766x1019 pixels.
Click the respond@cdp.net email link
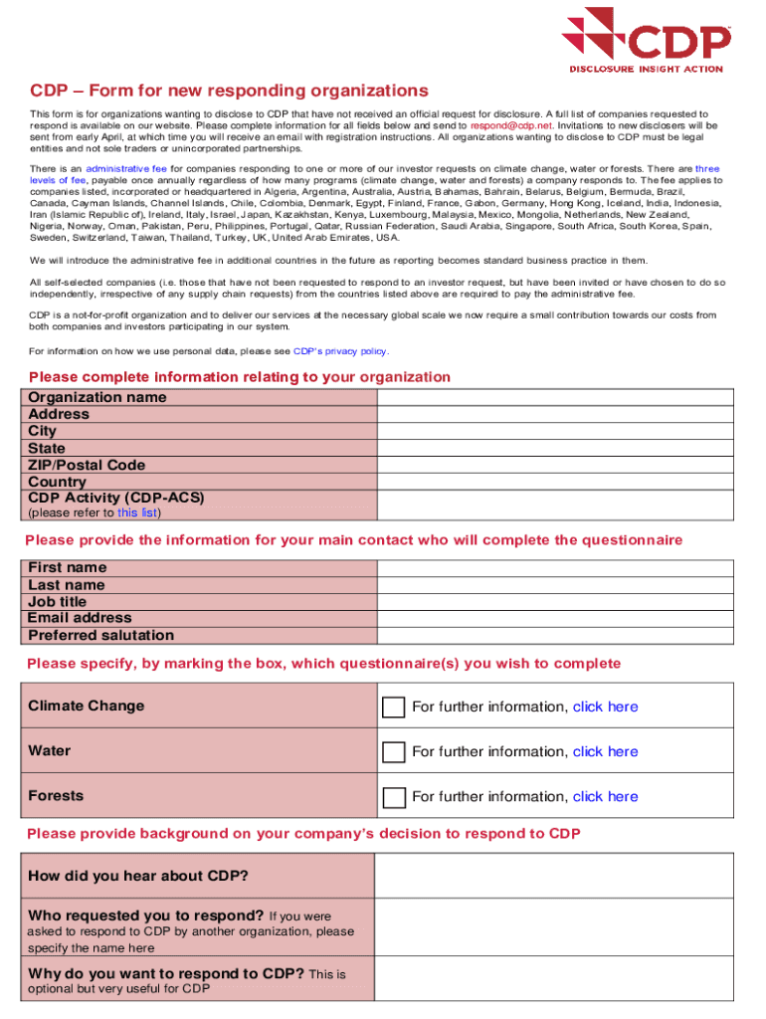[x=510, y=126]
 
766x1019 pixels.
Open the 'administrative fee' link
[x=126, y=169]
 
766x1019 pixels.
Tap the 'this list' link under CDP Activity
[x=136, y=512]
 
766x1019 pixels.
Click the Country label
[x=57, y=482]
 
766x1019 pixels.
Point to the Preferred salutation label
[x=100, y=635]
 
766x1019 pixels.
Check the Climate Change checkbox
[x=394, y=707]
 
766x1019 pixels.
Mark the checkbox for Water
[x=394, y=751]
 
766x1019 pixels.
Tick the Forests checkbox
[x=394, y=796]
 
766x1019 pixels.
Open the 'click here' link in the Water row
[x=605, y=751]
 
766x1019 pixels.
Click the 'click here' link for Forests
[x=605, y=796]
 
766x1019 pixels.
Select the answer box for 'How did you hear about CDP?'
[x=567, y=876]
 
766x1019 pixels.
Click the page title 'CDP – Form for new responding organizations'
[x=229, y=91]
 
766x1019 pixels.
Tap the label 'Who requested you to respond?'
[x=145, y=916]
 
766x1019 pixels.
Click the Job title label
[x=57, y=601]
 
